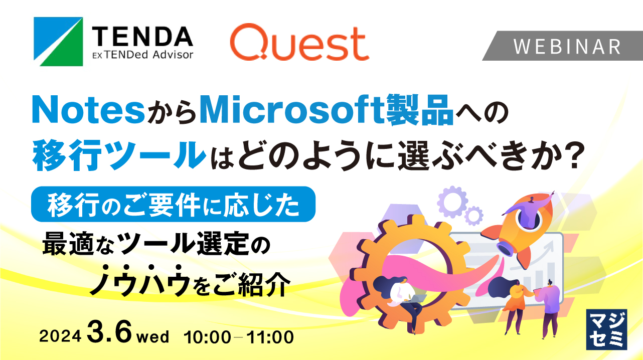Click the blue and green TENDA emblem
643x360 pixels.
click(x=58, y=42)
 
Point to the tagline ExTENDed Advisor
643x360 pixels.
click(x=142, y=54)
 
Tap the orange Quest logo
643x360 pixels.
click(x=299, y=44)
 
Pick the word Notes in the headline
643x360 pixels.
click(x=88, y=110)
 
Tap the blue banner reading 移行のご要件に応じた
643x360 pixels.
click(x=173, y=204)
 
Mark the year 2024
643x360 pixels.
click(x=60, y=337)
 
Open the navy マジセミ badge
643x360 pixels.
click(x=606, y=329)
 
